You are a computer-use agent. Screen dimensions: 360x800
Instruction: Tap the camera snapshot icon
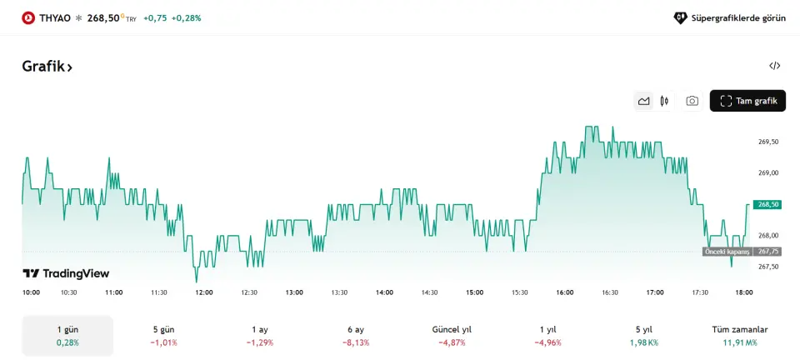click(x=692, y=101)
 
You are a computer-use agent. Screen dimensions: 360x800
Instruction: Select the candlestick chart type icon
click(x=664, y=101)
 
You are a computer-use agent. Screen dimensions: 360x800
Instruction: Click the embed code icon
click(x=774, y=66)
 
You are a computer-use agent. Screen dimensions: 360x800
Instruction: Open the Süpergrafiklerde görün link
click(x=730, y=17)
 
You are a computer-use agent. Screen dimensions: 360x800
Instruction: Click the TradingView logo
click(x=66, y=273)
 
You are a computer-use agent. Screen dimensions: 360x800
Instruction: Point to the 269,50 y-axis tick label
click(x=768, y=142)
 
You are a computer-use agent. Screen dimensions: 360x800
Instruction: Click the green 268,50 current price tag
click(x=767, y=204)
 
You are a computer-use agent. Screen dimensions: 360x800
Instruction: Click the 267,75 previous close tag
click(x=767, y=251)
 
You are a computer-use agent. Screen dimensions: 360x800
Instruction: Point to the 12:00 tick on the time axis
click(x=204, y=292)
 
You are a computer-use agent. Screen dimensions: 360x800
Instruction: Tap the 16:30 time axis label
click(x=610, y=292)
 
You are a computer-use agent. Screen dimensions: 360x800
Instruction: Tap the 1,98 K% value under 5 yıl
click(x=643, y=342)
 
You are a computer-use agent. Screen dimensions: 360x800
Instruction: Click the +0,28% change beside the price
click(x=186, y=17)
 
